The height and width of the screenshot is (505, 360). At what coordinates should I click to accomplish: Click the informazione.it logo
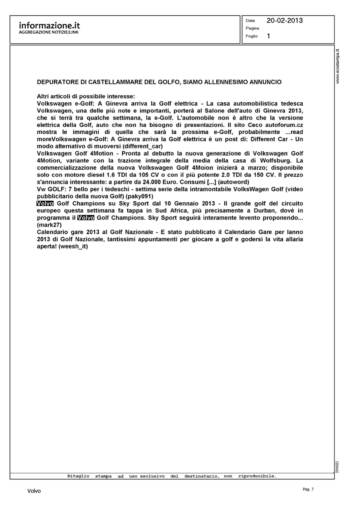tap(49, 26)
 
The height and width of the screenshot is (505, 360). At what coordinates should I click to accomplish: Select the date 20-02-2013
tap(285, 21)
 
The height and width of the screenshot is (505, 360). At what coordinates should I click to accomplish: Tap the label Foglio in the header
tap(252, 36)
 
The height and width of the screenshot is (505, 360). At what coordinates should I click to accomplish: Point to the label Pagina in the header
tap(252, 28)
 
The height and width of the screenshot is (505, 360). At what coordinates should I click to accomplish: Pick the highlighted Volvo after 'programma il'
tap(86, 218)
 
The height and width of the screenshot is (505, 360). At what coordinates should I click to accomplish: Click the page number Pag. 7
tap(308, 489)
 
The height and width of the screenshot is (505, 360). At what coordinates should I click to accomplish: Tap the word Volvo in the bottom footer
tap(34, 491)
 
